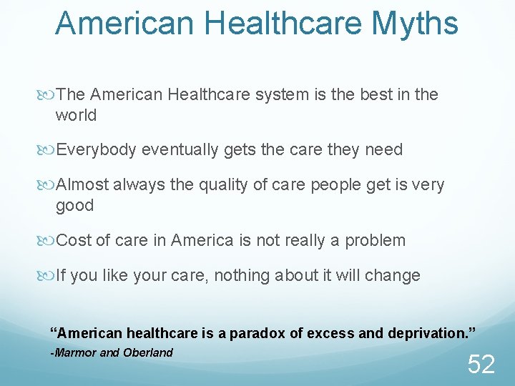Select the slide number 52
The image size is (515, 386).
tap(481, 365)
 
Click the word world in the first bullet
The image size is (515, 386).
tap(76, 115)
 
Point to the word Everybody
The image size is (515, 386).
tap(97, 149)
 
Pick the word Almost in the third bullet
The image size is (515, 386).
tap(81, 184)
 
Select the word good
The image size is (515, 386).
tap(74, 206)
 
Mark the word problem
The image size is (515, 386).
tap(375, 241)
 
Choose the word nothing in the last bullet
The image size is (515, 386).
tap(272, 275)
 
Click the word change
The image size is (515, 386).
tap(395, 275)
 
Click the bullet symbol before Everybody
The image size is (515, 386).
tap(49, 150)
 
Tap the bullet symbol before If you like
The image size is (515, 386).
tap(49, 276)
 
